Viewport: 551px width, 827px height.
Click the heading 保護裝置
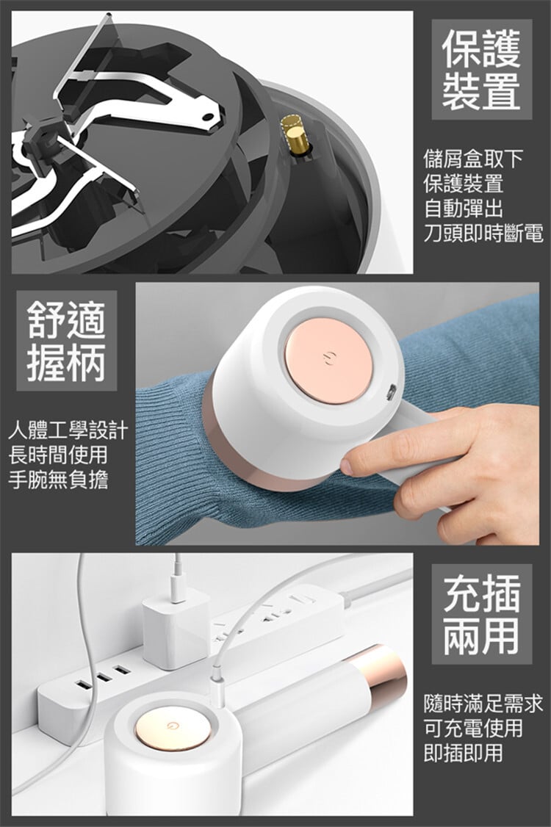481,69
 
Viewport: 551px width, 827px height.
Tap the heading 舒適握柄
67,341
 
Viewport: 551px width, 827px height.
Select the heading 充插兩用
481,614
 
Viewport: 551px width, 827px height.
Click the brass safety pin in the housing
295,135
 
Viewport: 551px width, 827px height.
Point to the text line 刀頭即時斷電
483,233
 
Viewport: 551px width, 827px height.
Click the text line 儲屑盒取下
473,158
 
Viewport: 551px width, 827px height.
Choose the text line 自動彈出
464,209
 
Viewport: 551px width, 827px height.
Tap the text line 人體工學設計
68,430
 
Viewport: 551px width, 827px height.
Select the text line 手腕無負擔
58,480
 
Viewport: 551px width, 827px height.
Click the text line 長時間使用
58,455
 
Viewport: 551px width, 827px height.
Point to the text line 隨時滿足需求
483,704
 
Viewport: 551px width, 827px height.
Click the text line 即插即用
464,753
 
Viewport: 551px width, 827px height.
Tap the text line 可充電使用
473,729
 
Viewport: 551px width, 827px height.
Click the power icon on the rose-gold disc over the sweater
329,359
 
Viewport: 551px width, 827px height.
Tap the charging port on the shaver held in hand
392,392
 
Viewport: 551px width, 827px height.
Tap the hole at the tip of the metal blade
209,116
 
